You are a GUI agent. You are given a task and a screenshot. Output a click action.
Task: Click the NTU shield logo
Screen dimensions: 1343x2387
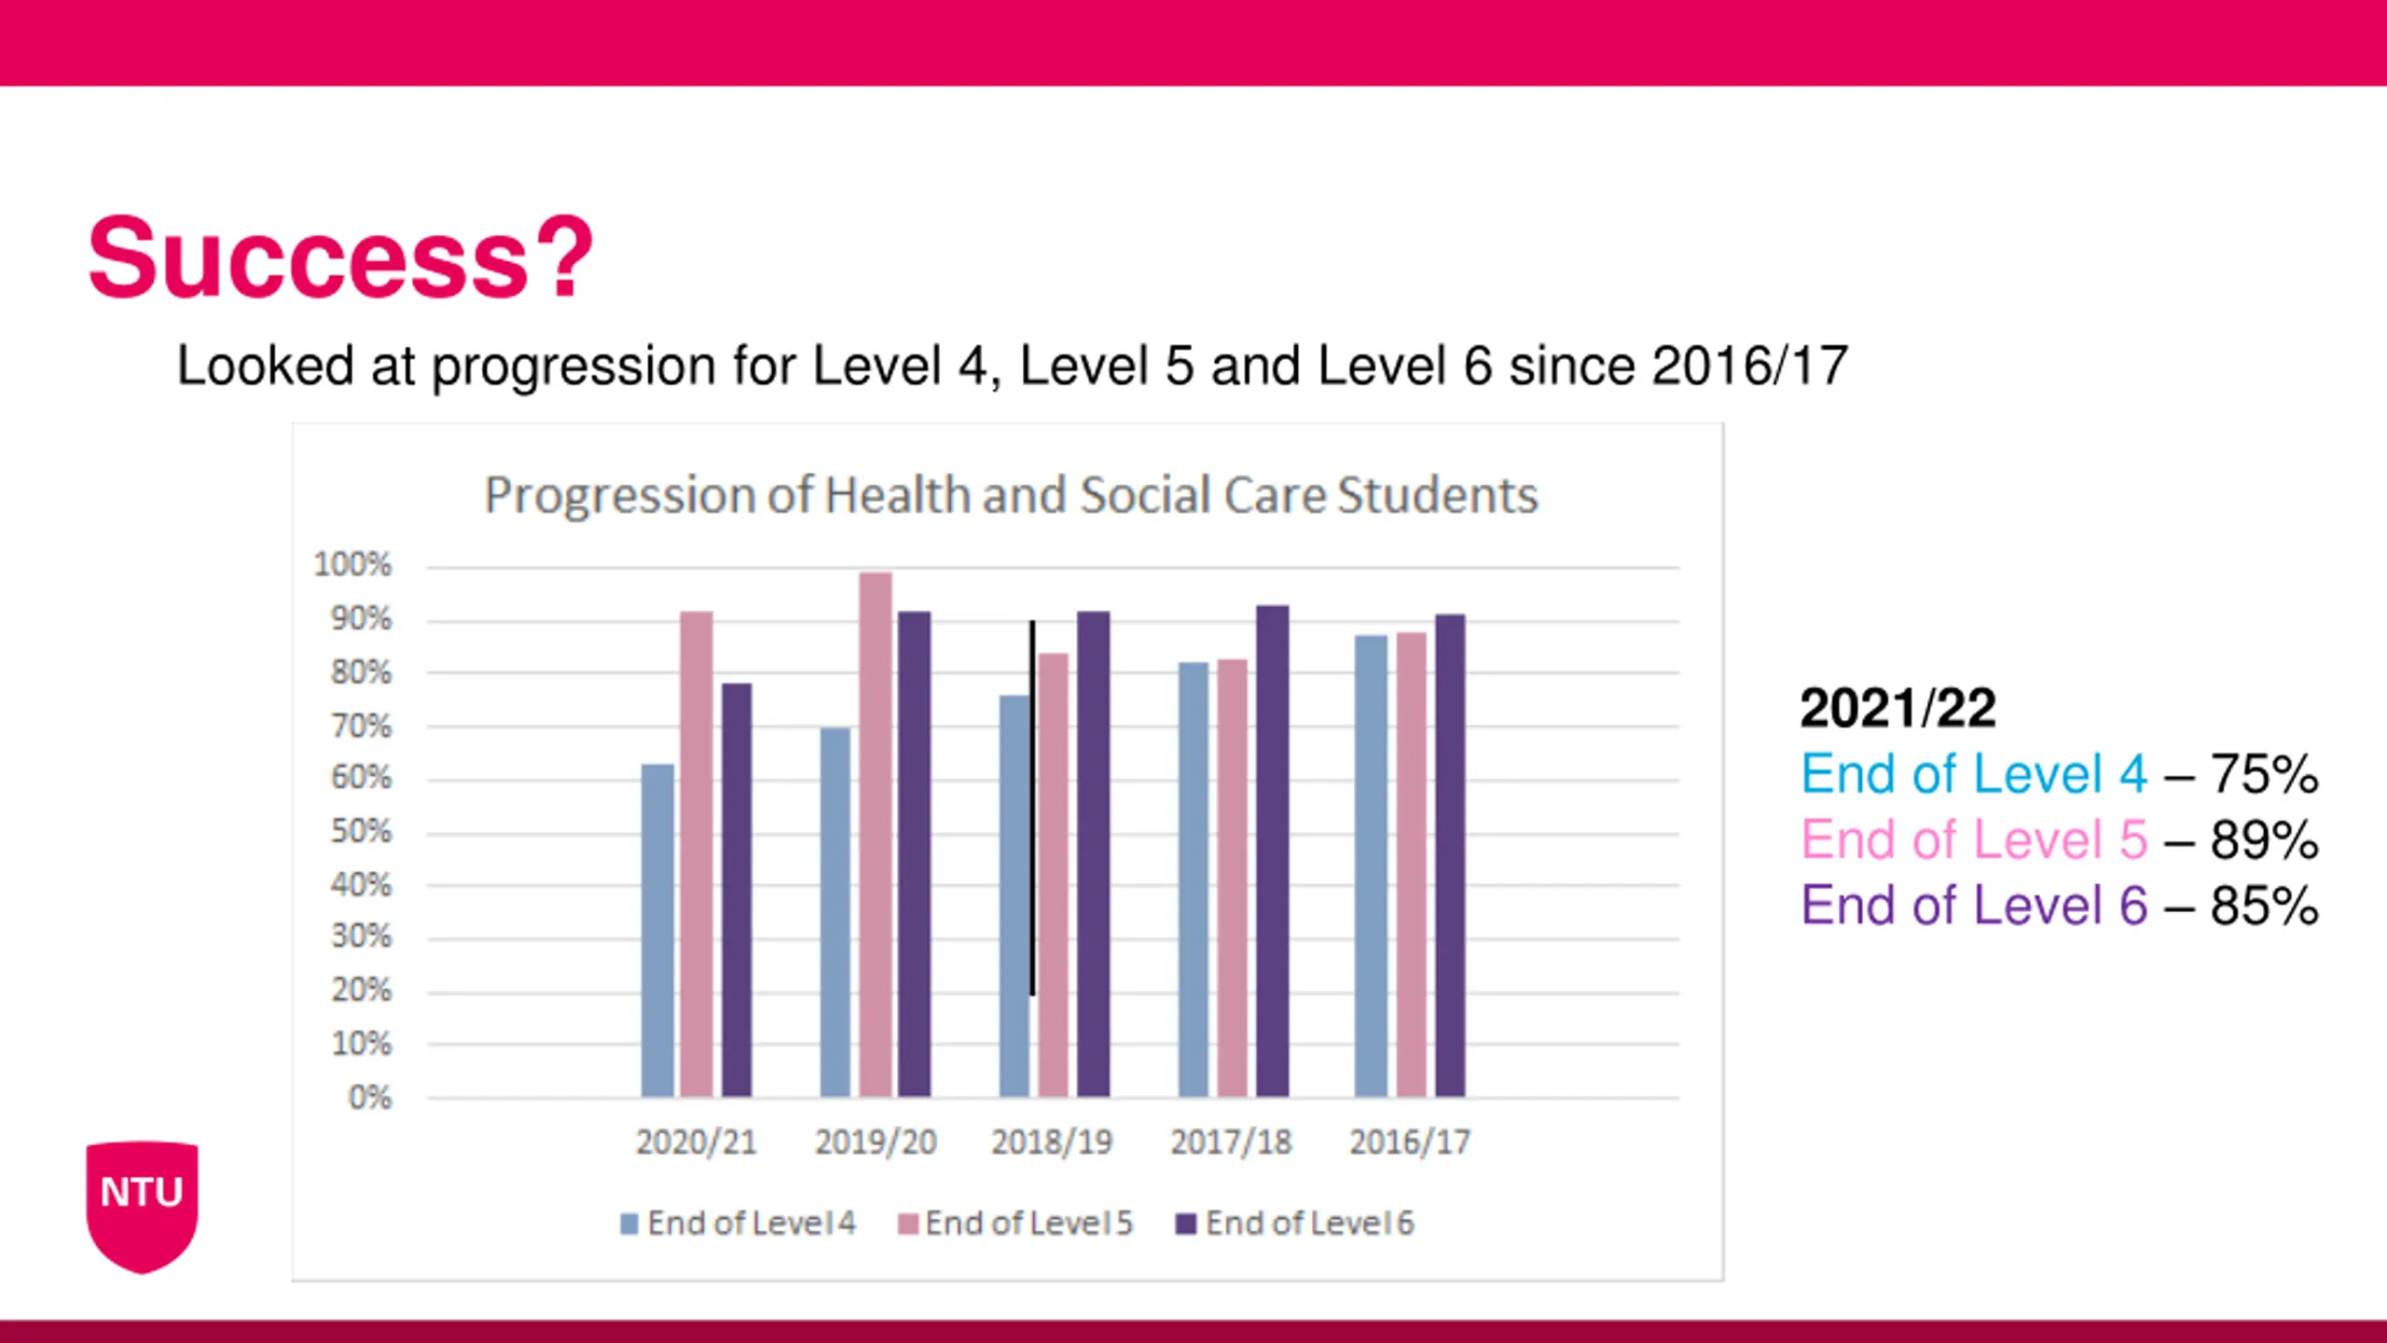point(142,1204)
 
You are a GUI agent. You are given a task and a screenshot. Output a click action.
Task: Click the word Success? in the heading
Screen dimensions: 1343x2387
point(340,257)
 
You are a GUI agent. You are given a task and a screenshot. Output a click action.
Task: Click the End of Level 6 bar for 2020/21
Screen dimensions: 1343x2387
point(737,890)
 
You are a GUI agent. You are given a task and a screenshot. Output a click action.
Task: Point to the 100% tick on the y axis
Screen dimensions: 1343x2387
point(352,565)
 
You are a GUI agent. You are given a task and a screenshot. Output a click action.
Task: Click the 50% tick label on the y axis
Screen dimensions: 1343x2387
point(361,832)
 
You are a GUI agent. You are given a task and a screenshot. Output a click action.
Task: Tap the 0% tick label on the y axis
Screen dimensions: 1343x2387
point(370,1098)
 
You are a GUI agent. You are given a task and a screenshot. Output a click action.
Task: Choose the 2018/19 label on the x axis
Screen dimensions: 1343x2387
point(1052,1142)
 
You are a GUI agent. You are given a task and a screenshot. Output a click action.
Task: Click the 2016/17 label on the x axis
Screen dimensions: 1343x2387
point(1410,1142)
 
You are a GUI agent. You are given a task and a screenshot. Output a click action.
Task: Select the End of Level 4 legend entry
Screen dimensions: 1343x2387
point(738,1224)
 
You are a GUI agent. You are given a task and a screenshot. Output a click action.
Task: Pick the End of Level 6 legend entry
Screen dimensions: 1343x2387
point(1296,1224)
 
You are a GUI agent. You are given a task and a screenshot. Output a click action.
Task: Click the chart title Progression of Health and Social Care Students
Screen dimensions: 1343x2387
point(1011,495)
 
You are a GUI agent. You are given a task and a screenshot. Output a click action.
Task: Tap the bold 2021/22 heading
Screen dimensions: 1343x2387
point(1897,709)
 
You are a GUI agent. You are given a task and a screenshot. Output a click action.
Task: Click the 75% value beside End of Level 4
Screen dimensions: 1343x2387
point(2264,774)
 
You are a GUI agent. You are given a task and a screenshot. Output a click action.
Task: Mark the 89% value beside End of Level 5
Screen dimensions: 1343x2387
point(2264,840)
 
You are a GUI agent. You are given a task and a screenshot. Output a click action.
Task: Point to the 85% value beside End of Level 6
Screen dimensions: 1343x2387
point(2264,906)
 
